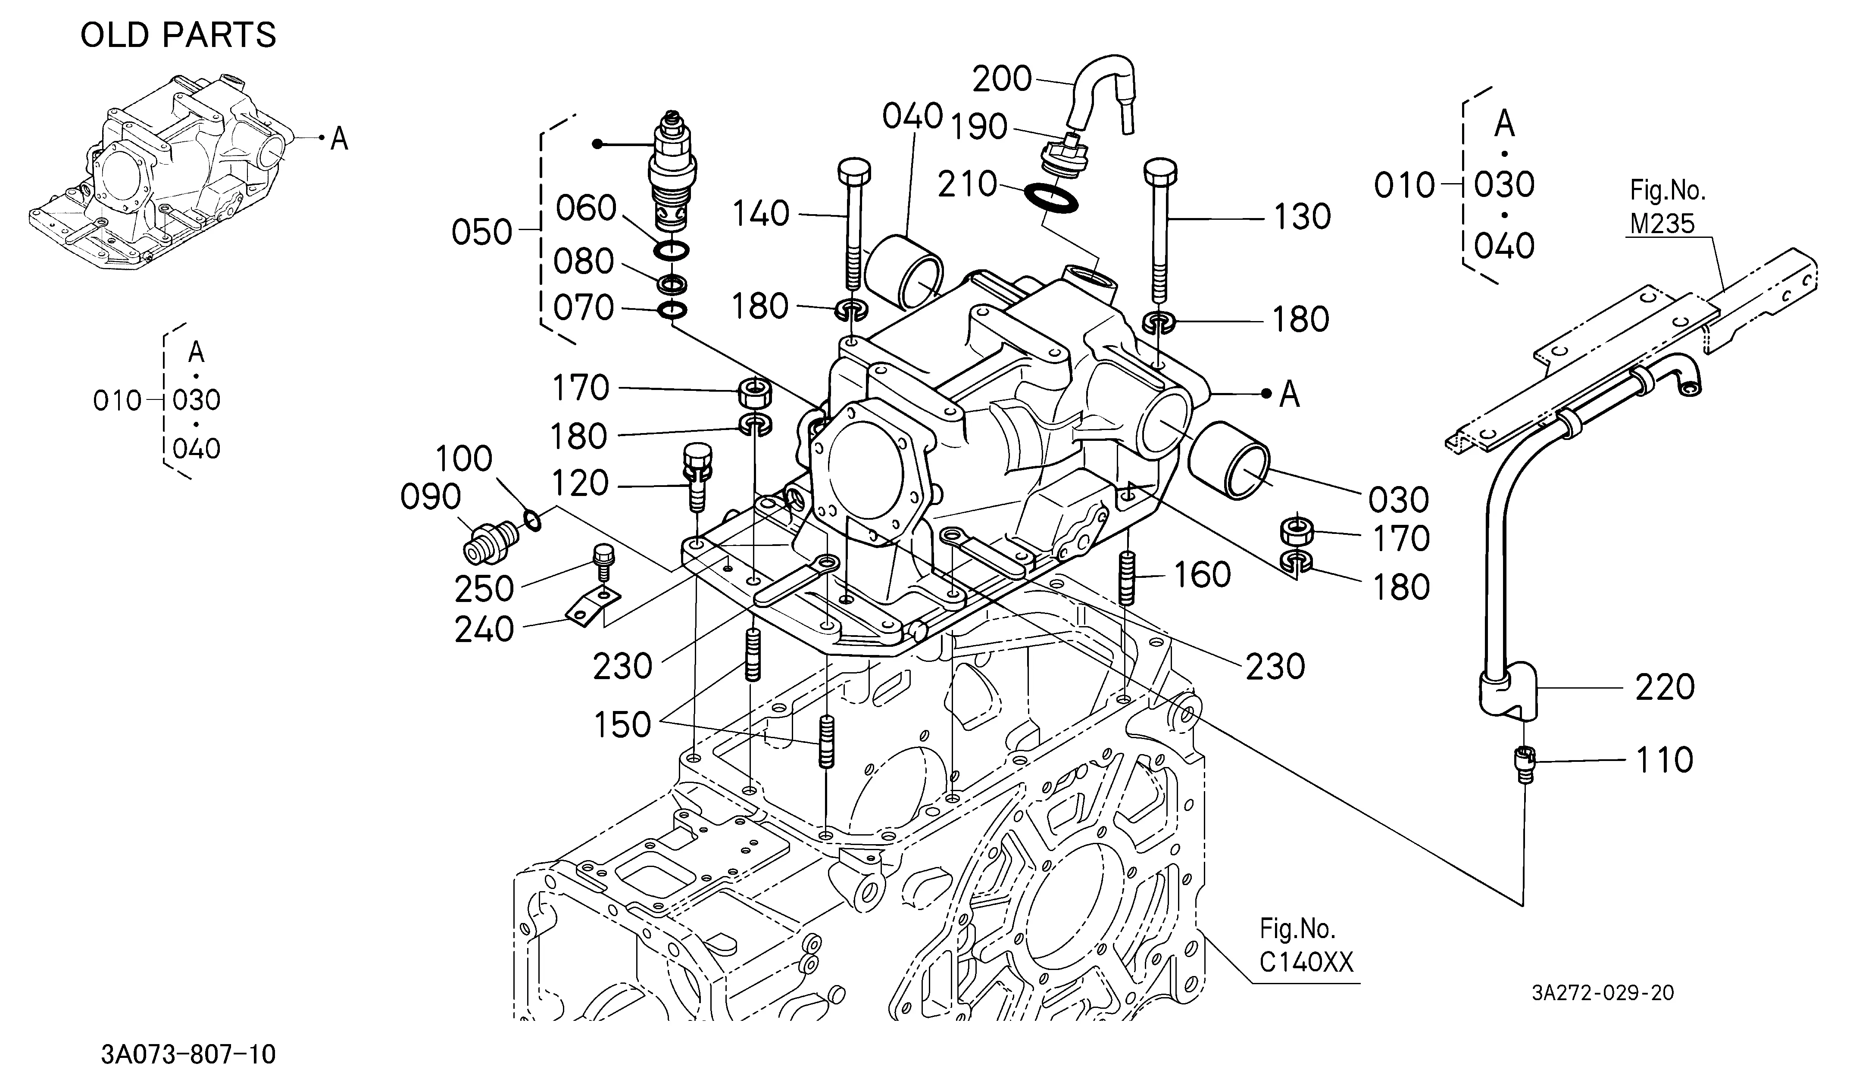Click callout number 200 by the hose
[1002, 79]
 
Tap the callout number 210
[968, 184]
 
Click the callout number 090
[430, 498]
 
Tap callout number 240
[484, 630]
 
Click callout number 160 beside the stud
[1202, 575]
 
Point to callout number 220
[1665, 687]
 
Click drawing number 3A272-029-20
[1603, 993]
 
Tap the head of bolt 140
[854, 172]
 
